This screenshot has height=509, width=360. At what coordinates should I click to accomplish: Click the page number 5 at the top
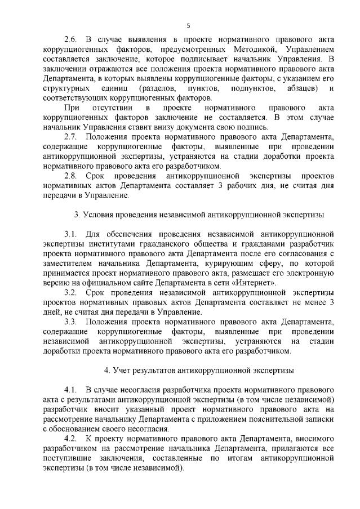point(189,25)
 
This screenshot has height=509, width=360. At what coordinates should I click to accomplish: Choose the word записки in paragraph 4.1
point(319,419)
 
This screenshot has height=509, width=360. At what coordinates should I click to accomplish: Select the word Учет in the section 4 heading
point(122,370)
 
